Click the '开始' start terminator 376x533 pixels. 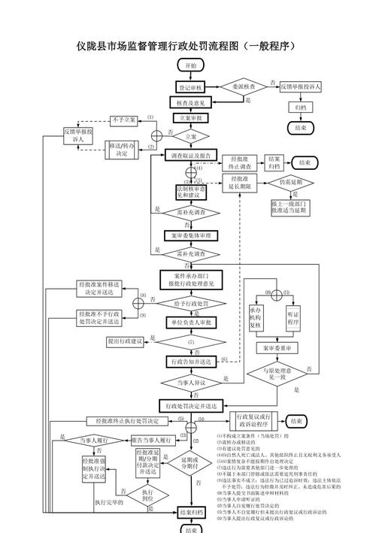(190, 66)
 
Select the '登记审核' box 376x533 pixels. (190, 87)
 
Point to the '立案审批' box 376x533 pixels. (190, 118)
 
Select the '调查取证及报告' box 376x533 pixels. (190, 156)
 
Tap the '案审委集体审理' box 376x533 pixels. (190, 235)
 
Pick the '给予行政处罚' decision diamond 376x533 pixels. (190, 303)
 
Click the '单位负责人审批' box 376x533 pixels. (190, 323)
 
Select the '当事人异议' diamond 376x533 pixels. (190, 383)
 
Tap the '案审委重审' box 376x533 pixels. (277, 349)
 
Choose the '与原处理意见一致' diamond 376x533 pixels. (277, 374)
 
